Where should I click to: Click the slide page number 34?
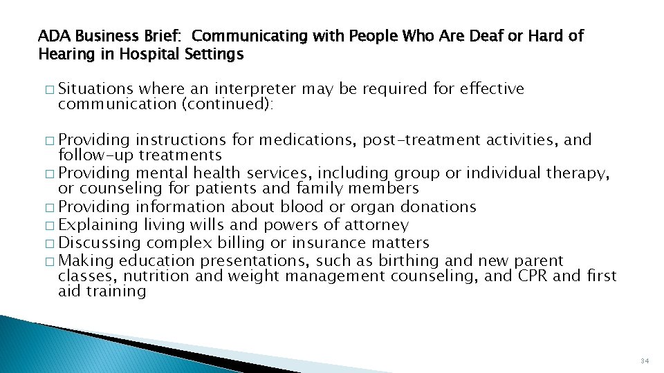(x=645, y=361)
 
